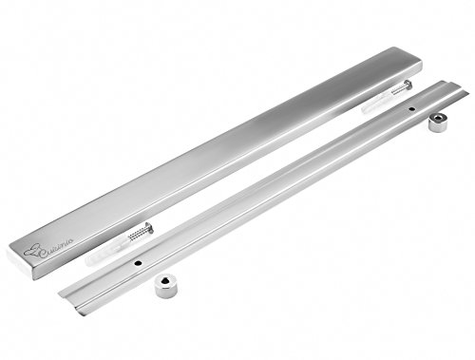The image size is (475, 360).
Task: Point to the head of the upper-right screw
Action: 408,86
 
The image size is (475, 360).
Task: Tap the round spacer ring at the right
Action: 439,122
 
